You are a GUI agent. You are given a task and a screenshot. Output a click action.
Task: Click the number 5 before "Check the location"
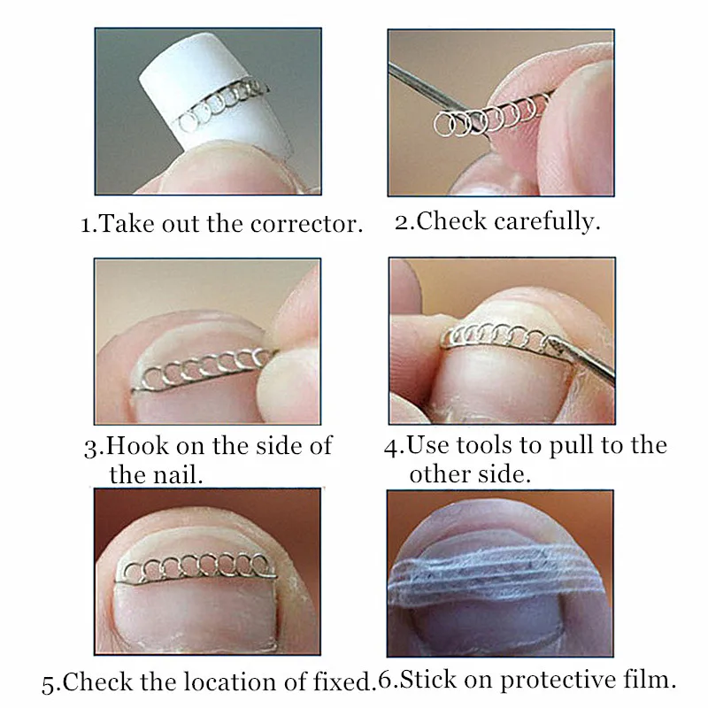[48, 684]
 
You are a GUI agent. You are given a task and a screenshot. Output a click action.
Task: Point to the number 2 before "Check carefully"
[402, 223]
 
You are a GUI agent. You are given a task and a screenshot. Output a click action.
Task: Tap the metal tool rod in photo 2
[434, 94]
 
